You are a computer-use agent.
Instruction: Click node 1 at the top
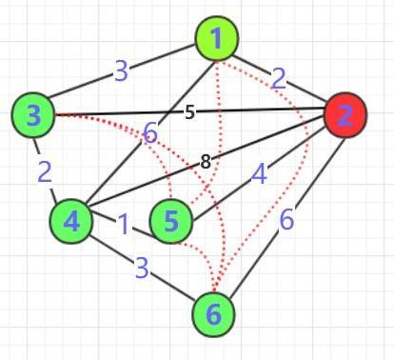click(217, 39)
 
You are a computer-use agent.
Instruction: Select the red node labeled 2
click(345, 115)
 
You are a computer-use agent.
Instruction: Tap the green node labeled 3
click(34, 115)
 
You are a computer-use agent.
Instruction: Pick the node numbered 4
click(71, 221)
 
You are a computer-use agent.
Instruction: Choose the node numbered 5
click(171, 221)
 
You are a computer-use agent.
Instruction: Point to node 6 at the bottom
click(214, 313)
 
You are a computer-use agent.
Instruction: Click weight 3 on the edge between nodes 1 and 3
click(121, 70)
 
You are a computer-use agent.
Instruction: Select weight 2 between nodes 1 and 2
click(278, 78)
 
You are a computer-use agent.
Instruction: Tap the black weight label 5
click(189, 112)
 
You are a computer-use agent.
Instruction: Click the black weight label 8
click(206, 162)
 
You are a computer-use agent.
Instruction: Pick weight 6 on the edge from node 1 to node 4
click(150, 134)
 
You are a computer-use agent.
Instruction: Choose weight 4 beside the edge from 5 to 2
click(259, 173)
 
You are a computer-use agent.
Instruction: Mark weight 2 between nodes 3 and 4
click(45, 171)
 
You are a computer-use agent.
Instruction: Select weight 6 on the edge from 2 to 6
click(286, 219)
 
